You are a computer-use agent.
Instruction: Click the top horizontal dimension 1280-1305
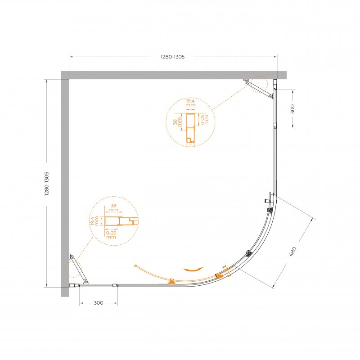pos(172,57)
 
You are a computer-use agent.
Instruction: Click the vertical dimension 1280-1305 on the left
pos(47,184)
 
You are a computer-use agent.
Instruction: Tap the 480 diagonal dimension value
pos(293,252)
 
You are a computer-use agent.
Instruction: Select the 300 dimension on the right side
pos(292,109)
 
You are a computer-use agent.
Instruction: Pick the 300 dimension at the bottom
pos(99,303)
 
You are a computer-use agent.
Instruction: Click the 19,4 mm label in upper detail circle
pos(190,103)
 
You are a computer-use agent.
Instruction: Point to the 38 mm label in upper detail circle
pos(177,122)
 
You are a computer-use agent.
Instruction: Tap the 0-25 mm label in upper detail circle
pos(205,120)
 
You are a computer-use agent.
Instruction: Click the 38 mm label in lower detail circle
pos(113,207)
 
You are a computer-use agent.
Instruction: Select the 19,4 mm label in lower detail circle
pos(94,220)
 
